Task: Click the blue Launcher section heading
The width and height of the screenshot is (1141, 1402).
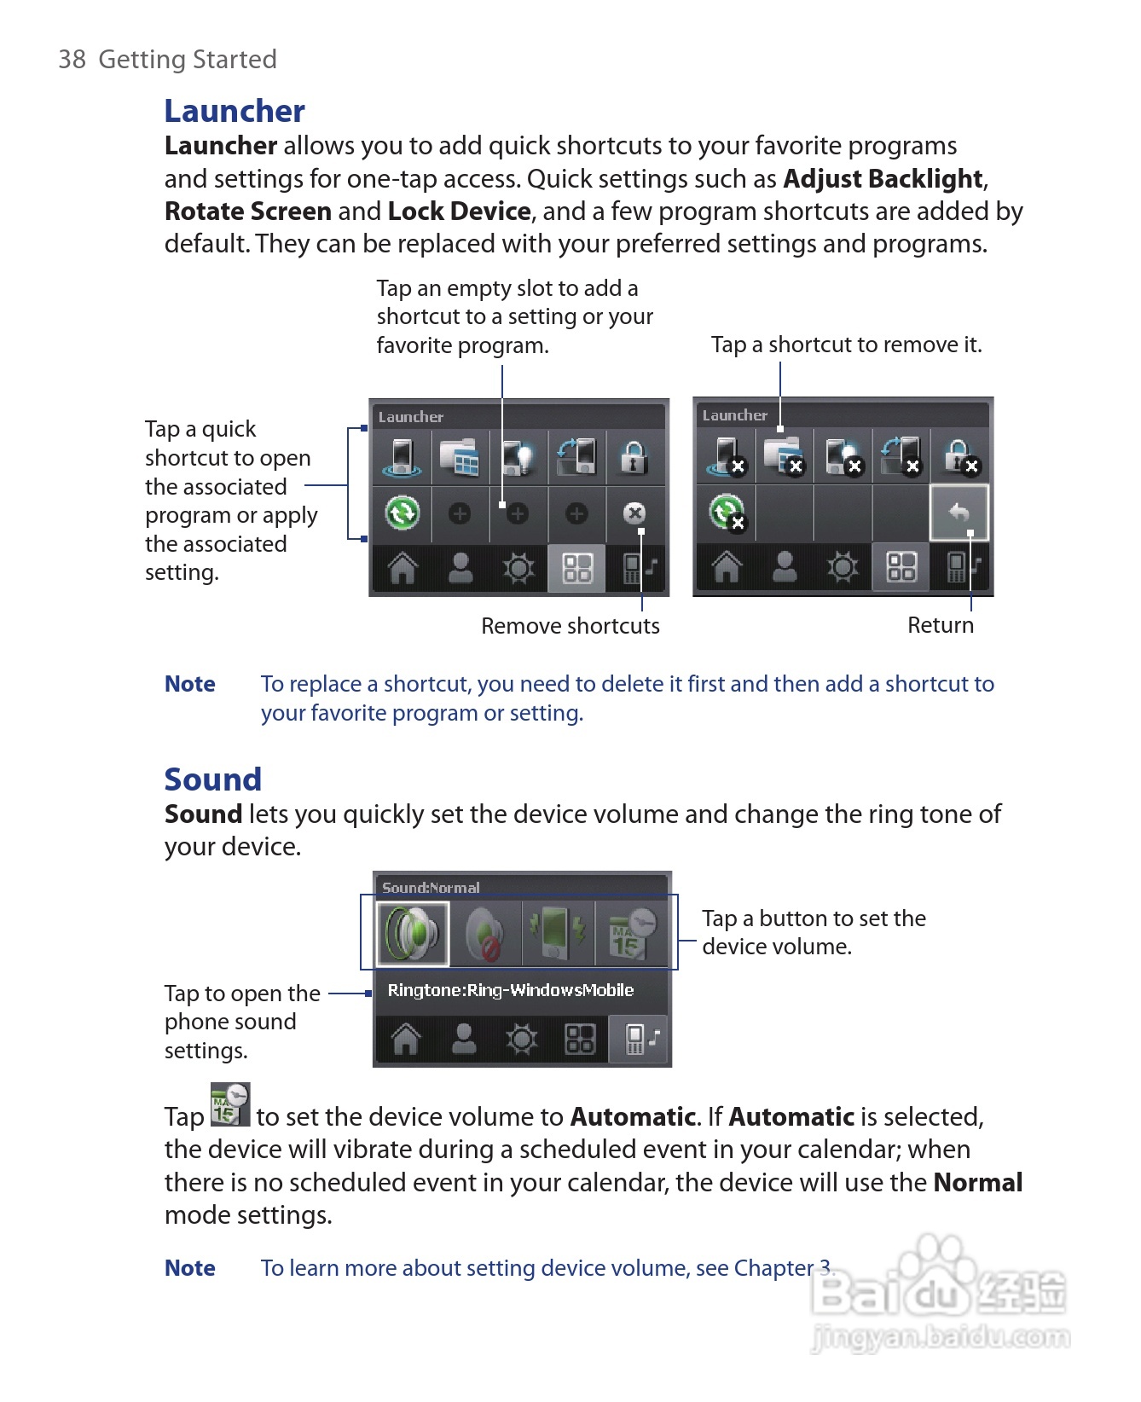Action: pyautogui.click(x=234, y=111)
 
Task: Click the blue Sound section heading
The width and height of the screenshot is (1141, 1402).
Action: pyautogui.click(x=212, y=779)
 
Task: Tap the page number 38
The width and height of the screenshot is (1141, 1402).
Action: pyautogui.click(x=72, y=60)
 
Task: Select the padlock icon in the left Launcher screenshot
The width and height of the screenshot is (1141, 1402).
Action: pyautogui.click(x=633, y=456)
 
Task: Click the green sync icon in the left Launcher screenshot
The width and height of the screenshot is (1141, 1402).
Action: pyautogui.click(x=402, y=513)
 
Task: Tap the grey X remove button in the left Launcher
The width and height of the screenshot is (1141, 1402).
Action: pyautogui.click(x=634, y=513)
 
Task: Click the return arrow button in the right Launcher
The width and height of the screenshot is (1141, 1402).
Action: pyautogui.click(x=959, y=513)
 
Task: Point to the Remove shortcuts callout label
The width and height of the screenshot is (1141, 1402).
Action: pyautogui.click(x=570, y=626)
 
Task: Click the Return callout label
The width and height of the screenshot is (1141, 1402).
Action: pyautogui.click(x=940, y=625)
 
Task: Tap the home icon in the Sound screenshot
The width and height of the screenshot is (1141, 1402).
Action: pyautogui.click(x=405, y=1039)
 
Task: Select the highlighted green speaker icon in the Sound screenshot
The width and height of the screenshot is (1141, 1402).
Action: pyautogui.click(x=413, y=933)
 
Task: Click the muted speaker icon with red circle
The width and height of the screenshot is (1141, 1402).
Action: pyautogui.click(x=484, y=933)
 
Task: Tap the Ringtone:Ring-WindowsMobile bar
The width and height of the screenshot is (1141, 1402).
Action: pyautogui.click(x=510, y=990)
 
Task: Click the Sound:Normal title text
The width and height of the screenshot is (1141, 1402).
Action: pyautogui.click(x=431, y=887)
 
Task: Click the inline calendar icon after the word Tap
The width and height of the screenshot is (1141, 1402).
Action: pyautogui.click(x=230, y=1105)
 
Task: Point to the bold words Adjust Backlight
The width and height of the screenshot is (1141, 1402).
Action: pyautogui.click(x=883, y=179)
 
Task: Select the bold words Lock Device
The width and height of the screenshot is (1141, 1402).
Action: pyautogui.click(x=460, y=211)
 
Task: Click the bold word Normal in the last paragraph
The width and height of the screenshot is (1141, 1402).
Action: pyautogui.click(x=977, y=1183)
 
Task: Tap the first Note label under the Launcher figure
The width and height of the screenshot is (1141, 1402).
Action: pyautogui.click(x=189, y=684)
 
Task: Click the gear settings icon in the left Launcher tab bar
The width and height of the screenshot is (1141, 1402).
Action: pyautogui.click(x=518, y=568)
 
